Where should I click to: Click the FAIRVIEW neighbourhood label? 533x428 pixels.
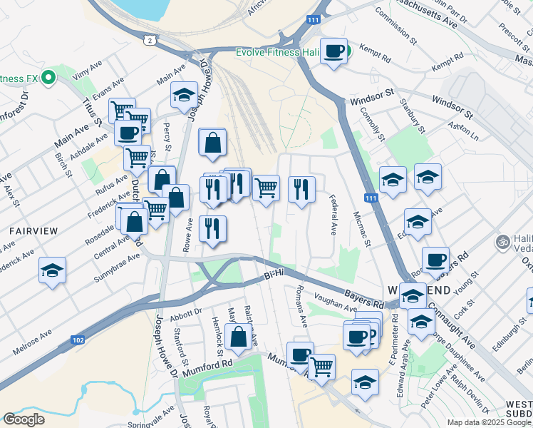coord(28,232)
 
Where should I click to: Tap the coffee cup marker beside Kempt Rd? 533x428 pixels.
coord(333,51)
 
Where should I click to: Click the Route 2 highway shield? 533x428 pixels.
coord(148,40)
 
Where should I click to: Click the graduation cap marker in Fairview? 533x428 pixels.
coord(52,270)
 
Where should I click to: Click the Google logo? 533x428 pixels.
coord(24,419)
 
